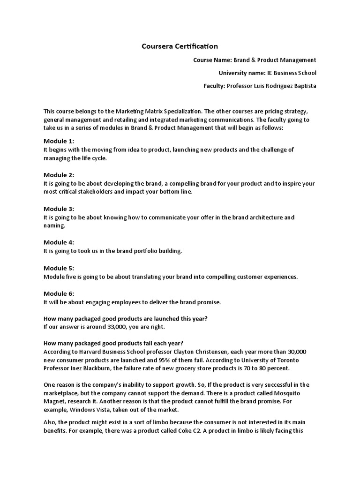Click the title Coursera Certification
coord(180,46)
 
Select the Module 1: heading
coord(59,141)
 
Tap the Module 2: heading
coord(59,175)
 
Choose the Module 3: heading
coord(59,209)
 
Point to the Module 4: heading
coord(59,242)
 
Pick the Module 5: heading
coord(59,268)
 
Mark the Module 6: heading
coord(59,293)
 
